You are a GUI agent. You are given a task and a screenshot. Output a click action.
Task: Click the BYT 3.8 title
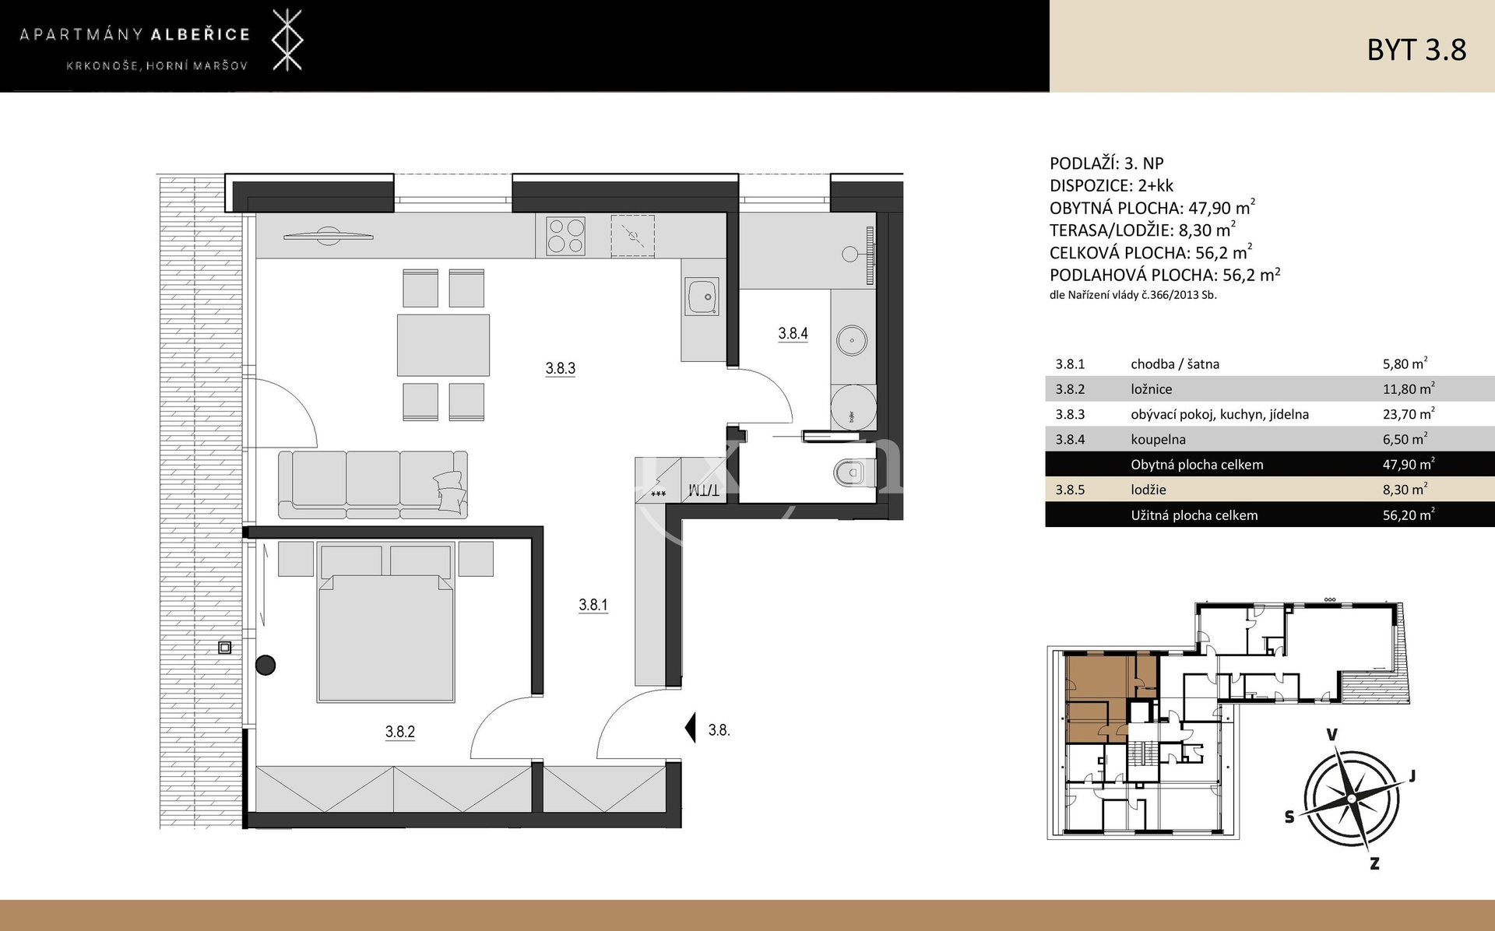1416,49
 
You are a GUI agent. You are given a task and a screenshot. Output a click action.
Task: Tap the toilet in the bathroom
854,472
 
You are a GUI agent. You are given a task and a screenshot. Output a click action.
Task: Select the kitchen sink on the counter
703,297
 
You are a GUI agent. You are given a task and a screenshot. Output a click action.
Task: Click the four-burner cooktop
566,235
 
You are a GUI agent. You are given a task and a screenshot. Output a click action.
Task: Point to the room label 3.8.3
561,368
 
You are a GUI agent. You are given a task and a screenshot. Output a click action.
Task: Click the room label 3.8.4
793,333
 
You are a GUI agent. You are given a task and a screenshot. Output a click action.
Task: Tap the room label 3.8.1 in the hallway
593,604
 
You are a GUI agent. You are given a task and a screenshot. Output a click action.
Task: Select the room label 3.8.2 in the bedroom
399,731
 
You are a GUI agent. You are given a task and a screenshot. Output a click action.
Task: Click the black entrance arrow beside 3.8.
690,729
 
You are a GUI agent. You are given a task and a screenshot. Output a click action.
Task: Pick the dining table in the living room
443,346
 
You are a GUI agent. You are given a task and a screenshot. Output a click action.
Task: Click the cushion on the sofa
451,491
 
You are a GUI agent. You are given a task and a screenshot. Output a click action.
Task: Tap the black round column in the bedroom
266,665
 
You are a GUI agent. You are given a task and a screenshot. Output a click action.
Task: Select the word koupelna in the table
1158,439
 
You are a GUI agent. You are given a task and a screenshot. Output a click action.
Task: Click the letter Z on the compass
1374,862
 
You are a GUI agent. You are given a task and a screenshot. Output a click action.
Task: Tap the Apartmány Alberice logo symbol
287,40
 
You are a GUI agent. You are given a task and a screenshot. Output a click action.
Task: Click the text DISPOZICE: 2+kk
1111,185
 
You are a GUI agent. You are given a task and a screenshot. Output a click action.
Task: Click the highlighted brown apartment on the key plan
1096,696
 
